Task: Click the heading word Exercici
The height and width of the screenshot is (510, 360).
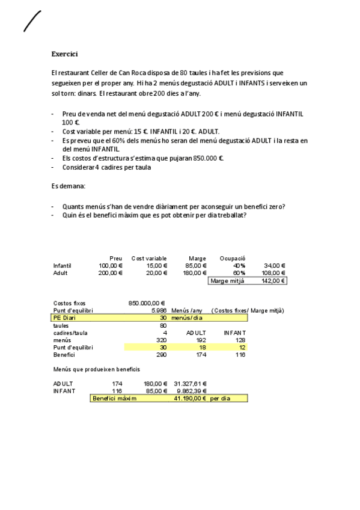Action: [64, 54]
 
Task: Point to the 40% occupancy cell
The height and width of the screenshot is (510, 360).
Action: [239, 265]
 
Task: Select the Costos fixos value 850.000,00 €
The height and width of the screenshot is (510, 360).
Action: [147, 303]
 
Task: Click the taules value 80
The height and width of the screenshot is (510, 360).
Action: [163, 325]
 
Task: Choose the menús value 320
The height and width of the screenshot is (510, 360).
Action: [160, 340]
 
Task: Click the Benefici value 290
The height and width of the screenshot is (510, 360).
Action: [160, 355]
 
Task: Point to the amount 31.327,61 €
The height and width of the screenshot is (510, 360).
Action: [191, 383]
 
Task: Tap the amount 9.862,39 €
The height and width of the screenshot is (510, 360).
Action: [192, 391]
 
